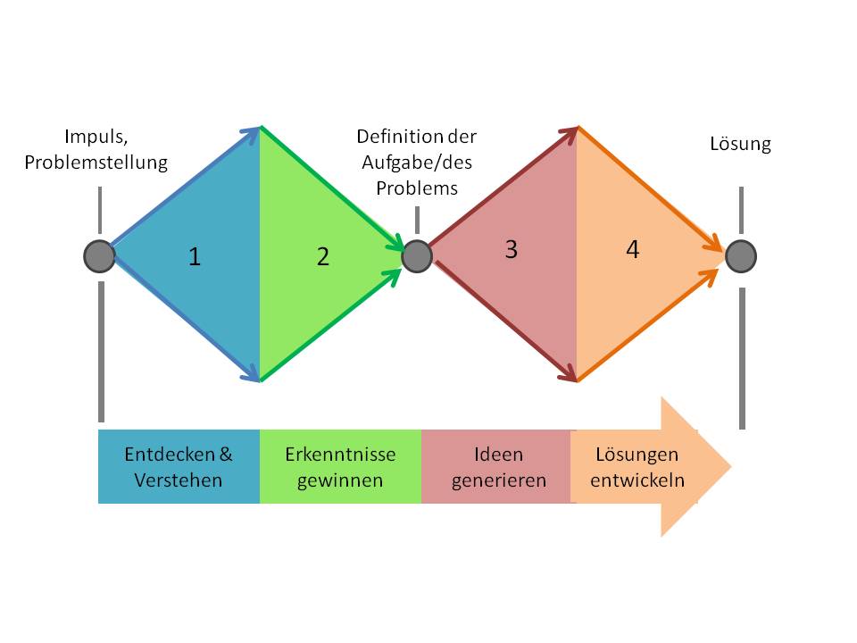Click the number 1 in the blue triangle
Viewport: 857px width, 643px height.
195,257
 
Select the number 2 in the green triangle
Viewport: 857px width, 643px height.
322,257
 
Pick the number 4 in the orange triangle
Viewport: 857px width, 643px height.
632,250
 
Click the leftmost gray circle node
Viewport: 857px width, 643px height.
99,256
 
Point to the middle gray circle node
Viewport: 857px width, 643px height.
417,256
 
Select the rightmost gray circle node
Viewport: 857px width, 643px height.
741,256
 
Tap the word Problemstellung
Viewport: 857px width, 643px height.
96,163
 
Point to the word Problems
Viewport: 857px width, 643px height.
417,188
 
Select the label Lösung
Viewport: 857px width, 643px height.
740,143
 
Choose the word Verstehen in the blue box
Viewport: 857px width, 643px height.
178,480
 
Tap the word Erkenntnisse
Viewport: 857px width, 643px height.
340,454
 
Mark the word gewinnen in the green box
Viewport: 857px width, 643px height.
340,480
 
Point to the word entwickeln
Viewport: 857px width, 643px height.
637,480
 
